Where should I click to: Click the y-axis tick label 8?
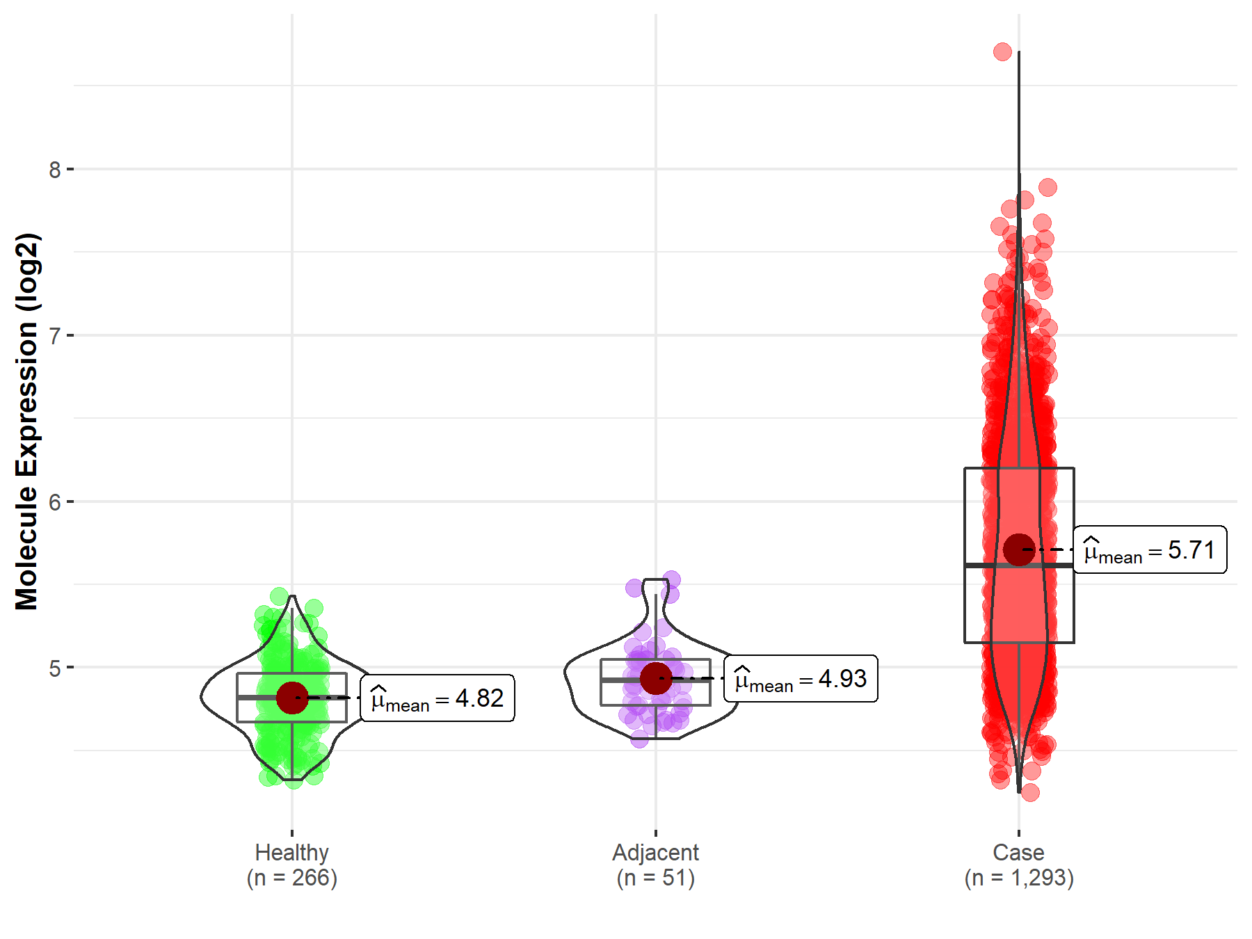(55, 170)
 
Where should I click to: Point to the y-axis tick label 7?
(55, 336)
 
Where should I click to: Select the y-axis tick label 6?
(55, 502)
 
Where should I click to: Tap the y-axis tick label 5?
(55, 668)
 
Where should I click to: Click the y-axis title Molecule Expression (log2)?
(26, 422)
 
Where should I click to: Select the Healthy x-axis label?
(291, 853)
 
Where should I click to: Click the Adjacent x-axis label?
(655, 853)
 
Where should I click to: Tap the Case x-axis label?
(1018, 853)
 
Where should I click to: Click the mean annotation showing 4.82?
(438, 698)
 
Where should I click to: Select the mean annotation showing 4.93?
(801, 679)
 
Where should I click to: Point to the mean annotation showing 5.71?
(1150, 550)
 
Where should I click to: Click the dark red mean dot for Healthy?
(292, 698)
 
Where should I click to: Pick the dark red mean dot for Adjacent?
(656, 678)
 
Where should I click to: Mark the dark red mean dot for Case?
(1019, 549)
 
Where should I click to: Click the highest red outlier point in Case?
(1002, 51)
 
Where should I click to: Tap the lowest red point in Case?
(1030, 792)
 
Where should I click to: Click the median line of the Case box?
(1019, 565)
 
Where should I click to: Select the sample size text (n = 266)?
(291, 878)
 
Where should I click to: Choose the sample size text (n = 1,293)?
(1018, 878)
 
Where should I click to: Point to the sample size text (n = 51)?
(655, 878)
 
